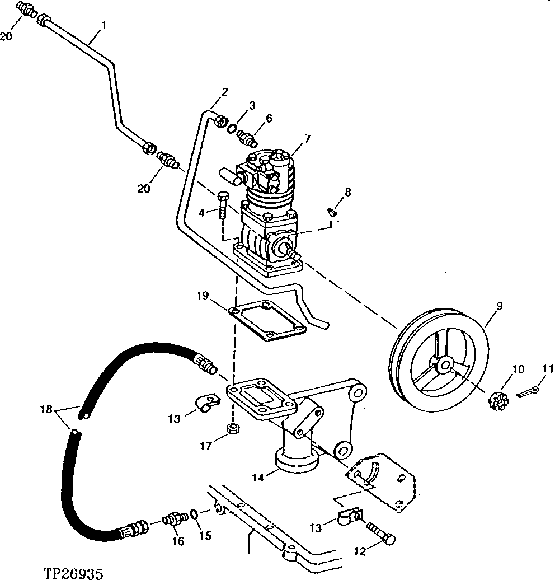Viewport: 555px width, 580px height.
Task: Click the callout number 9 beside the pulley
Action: click(x=499, y=306)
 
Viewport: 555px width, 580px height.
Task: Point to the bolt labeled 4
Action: click(x=223, y=206)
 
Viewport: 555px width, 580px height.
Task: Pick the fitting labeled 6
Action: click(x=246, y=136)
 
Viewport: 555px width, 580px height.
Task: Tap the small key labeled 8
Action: click(x=331, y=212)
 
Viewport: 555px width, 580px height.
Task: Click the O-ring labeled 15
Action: click(x=193, y=514)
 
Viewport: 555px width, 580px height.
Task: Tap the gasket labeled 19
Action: click(x=269, y=321)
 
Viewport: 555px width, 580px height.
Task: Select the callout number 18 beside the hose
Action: click(x=47, y=409)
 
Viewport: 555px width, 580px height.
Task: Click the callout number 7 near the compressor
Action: click(x=308, y=138)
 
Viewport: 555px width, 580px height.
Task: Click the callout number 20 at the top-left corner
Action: click(x=6, y=37)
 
